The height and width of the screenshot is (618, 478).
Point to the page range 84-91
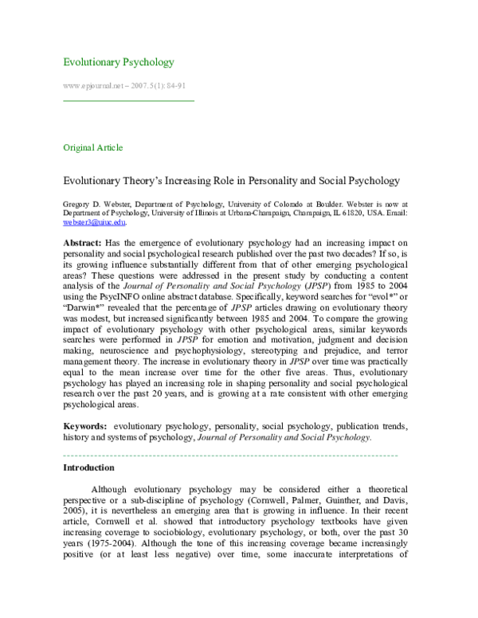click(176, 85)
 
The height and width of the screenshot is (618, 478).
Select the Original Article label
click(92, 147)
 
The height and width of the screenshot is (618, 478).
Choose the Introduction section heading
click(88, 468)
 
